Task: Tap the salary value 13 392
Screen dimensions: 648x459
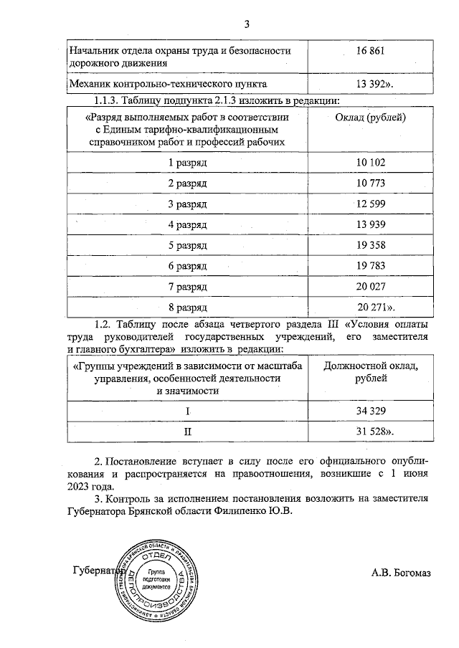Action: [372, 83]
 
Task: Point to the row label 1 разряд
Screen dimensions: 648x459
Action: [187, 163]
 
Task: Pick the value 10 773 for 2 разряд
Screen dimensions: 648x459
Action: [371, 184]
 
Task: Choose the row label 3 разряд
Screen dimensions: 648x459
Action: [187, 204]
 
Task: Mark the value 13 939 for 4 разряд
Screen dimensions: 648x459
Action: [371, 225]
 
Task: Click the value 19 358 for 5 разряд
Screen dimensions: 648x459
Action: [371, 246]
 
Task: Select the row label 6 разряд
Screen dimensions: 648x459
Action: [187, 267]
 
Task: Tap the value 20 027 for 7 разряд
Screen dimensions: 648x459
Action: [371, 287]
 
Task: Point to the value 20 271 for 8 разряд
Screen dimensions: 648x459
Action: [372, 308]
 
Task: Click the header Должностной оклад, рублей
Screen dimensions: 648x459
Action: [371, 373]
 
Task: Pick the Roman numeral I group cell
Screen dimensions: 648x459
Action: [188, 411]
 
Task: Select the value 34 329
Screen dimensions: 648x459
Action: [371, 411]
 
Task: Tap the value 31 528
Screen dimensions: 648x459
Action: [372, 432]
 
